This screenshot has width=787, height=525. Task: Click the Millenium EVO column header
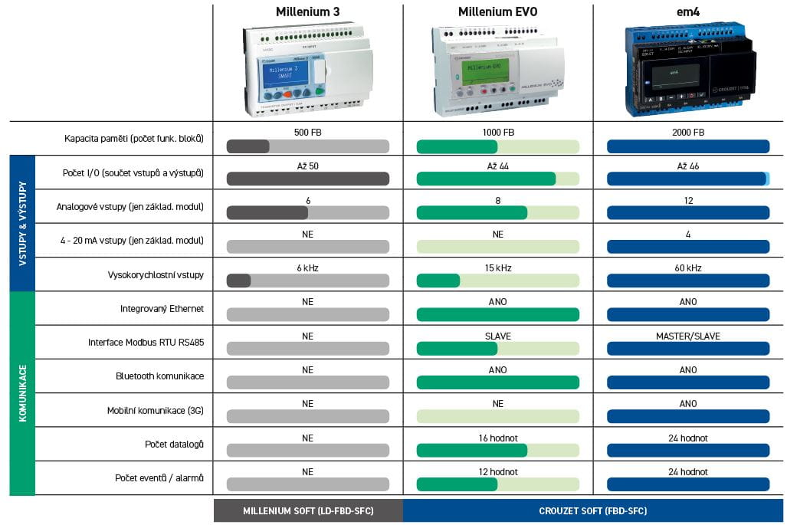click(x=497, y=11)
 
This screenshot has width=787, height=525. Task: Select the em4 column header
click(x=688, y=11)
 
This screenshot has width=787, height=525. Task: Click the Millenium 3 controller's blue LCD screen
click(x=285, y=74)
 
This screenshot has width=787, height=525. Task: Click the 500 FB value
click(x=307, y=132)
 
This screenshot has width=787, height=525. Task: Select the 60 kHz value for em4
click(x=688, y=268)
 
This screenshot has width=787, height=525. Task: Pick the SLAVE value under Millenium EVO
click(x=497, y=336)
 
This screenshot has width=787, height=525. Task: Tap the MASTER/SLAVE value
click(x=688, y=336)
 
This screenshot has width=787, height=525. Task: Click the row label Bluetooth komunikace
click(x=159, y=376)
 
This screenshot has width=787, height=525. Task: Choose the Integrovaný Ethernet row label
click(x=162, y=309)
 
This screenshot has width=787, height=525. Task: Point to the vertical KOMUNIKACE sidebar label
click(x=22, y=393)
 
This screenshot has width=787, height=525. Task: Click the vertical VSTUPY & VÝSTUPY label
click(x=22, y=223)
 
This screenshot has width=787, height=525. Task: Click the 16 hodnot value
click(x=497, y=438)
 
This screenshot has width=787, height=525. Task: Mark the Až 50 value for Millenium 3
click(x=307, y=166)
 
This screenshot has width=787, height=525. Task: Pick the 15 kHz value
click(x=497, y=268)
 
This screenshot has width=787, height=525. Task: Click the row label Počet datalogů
click(x=174, y=445)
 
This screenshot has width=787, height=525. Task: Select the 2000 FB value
click(x=688, y=132)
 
